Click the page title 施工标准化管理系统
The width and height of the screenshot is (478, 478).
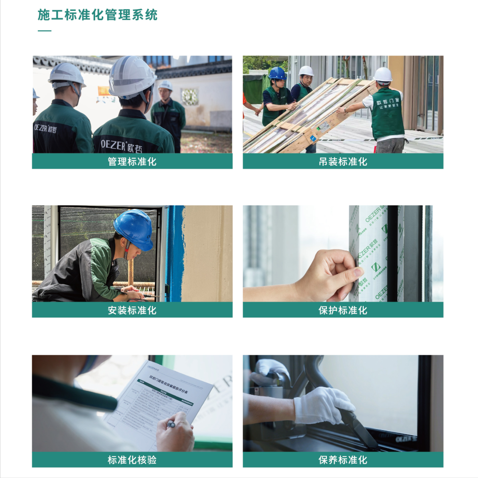point(98,15)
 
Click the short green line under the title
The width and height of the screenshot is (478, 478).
point(44,31)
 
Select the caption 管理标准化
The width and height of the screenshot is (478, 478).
point(132,161)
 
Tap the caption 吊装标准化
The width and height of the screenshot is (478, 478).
point(343,161)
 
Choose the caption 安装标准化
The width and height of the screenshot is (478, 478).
point(132,310)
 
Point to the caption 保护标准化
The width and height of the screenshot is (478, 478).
point(343,310)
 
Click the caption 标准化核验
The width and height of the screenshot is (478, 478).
point(132,460)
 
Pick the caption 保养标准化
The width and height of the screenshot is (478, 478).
point(343,460)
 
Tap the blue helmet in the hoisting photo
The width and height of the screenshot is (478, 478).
point(277,73)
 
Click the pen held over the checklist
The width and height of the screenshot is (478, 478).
point(170,424)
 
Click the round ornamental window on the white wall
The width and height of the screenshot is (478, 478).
point(190,96)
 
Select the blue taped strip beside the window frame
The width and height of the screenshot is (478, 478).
point(174,253)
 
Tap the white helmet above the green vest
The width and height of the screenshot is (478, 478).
point(382,75)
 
